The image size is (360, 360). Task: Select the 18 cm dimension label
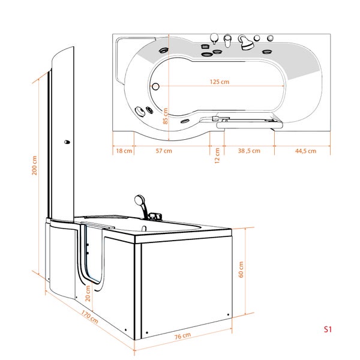[x=124, y=151]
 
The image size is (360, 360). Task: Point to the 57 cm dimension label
[x=163, y=151]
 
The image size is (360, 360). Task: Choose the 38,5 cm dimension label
[x=248, y=151]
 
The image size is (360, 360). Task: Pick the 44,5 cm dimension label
[x=305, y=151]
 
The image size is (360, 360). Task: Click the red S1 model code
[x=328, y=329]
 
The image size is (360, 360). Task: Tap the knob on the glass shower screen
[x=66, y=142]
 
